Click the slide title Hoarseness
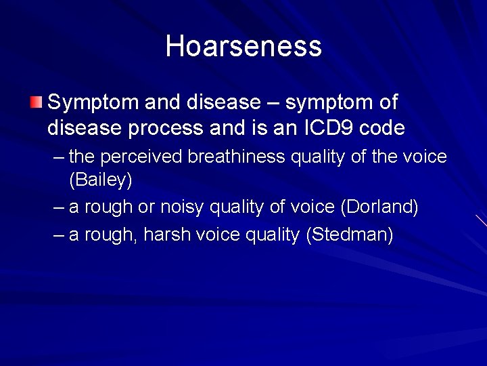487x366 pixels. (243, 46)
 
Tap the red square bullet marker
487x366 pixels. (36, 102)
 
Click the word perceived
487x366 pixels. (142, 157)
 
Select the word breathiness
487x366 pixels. (237, 157)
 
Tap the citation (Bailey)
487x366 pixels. (101, 180)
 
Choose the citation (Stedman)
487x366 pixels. (349, 235)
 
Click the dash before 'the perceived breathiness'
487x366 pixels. (58, 157)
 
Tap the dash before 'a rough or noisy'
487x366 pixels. (58, 207)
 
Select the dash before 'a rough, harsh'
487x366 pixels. (58, 235)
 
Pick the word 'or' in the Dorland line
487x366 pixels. (147, 207)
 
